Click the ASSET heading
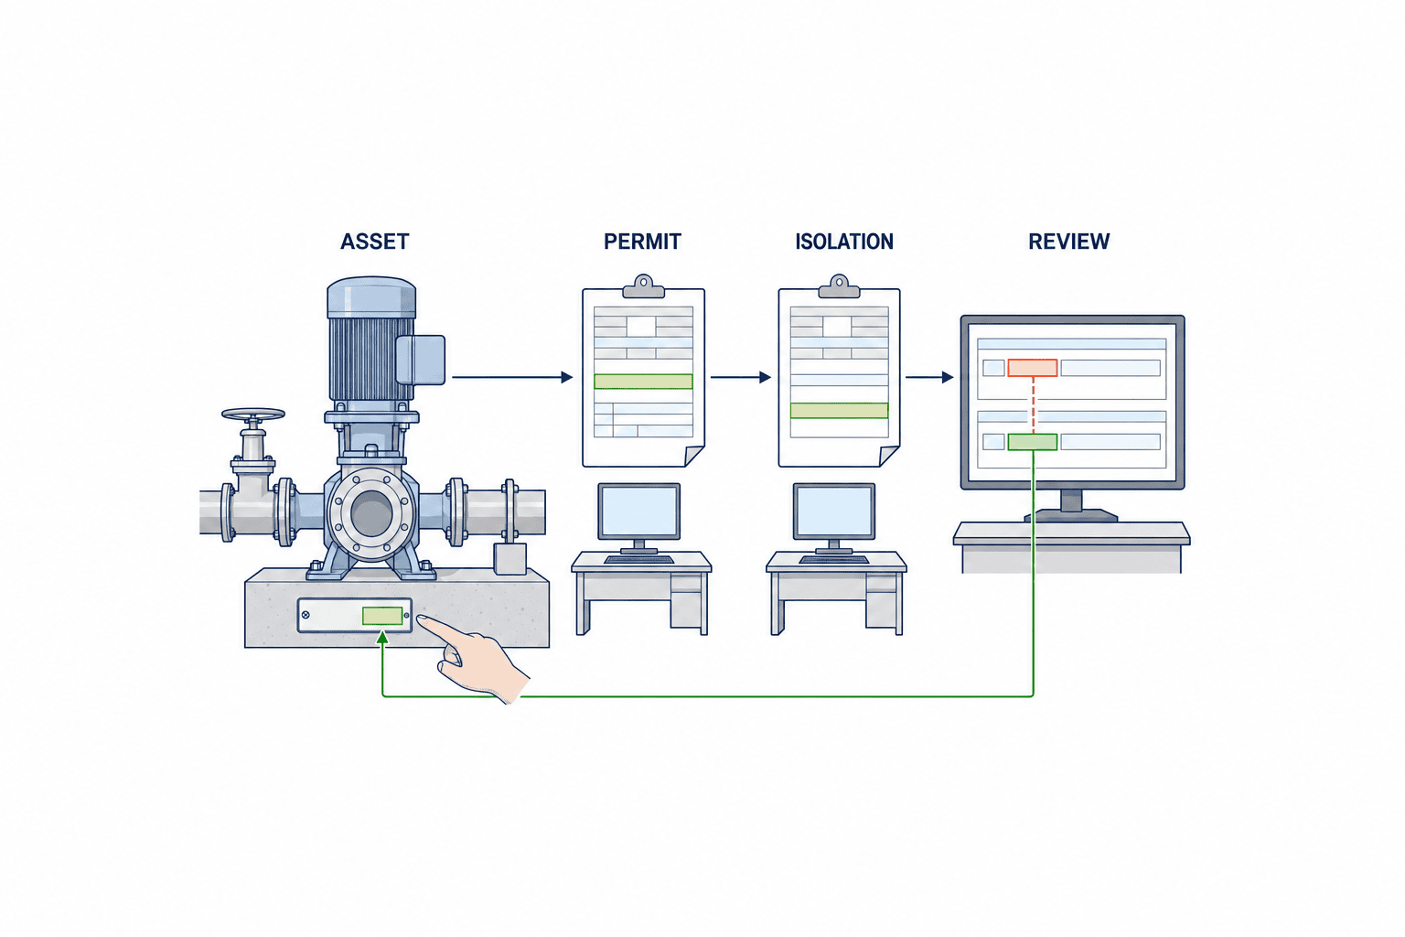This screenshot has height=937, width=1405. pos(374,242)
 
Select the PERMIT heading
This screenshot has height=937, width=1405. pos(642,242)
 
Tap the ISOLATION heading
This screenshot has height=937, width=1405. pos(844,242)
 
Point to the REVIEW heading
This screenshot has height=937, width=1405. pos(1068,242)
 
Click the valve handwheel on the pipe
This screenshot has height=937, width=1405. pos(252,415)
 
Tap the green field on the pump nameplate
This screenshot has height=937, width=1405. pos(382,616)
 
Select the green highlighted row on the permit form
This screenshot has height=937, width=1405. pos(643,381)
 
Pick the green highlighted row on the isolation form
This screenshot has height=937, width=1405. pos(839,411)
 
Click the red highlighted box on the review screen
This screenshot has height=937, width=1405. pos(1033,368)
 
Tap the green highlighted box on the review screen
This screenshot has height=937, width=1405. pos(1033,442)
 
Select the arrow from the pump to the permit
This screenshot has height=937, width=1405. pos(512,377)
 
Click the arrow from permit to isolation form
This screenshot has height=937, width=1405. pos(741,377)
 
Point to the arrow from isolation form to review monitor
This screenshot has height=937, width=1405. pos(929,377)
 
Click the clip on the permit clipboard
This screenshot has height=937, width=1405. pos(644,285)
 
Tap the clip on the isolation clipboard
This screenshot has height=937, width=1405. pos(839,285)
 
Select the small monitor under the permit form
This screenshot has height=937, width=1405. pos(639,512)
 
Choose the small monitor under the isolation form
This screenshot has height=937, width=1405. pos(834,512)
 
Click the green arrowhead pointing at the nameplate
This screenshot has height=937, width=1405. pos(382,639)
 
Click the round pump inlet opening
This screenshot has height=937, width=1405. pos(372,513)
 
